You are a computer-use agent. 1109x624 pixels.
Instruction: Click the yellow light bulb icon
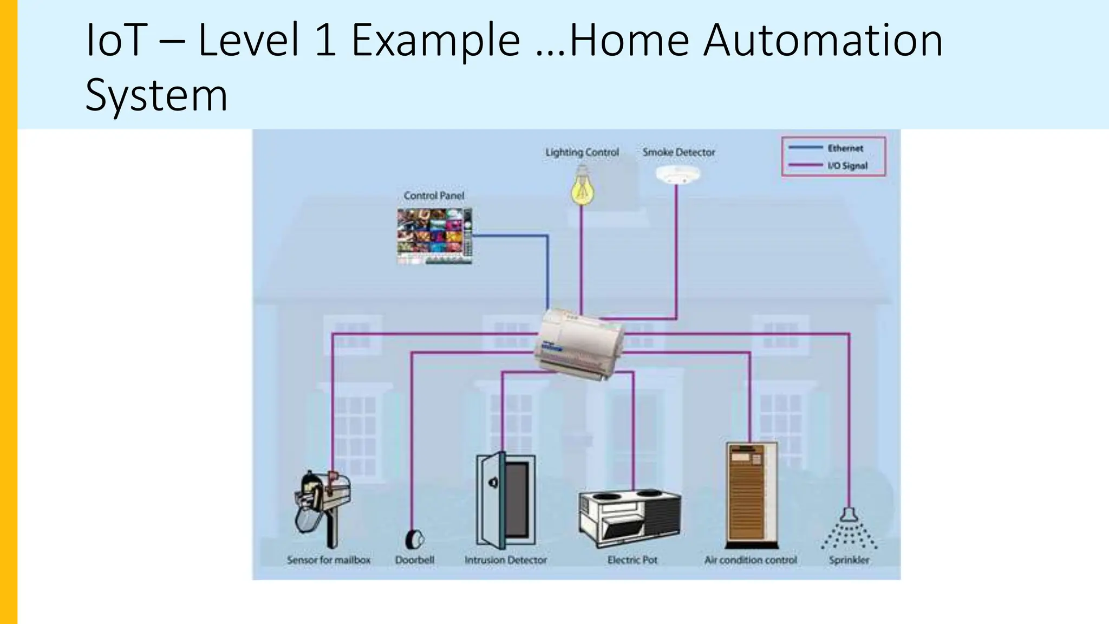[x=582, y=187]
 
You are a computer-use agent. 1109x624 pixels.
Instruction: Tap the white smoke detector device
[x=677, y=174]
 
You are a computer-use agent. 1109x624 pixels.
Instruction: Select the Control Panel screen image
[x=434, y=236]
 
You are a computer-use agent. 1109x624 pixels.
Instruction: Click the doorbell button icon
[x=414, y=539]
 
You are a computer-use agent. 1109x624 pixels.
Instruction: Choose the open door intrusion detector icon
[x=505, y=501]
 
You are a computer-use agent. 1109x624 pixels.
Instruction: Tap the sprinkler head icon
[x=849, y=528]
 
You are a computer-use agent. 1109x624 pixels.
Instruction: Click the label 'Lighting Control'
[x=582, y=153]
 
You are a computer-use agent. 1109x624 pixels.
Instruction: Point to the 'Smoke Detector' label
[x=679, y=153]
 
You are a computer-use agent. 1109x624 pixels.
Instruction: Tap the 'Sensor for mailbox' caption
[x=329, y=560]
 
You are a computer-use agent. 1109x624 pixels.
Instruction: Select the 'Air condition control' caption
[x=751, y=560]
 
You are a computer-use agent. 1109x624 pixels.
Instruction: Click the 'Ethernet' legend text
[x=845, y=148]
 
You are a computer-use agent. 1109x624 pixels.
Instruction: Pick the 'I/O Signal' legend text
[x=847, y=166]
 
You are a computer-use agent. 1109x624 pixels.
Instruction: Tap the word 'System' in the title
[x=156, y=95]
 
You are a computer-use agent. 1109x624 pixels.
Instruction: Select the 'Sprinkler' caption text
[x=849, y=560]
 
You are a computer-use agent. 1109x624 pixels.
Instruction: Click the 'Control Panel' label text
[x=434, y=196]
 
